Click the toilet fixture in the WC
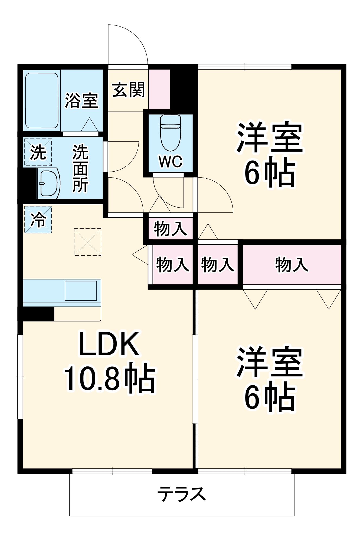pos(171,133)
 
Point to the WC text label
pos(171,162)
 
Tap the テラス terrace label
pos(181,494)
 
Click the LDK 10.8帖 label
pos(110,361)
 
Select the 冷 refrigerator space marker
pos(38,219)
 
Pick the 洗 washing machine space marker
pos(38,152)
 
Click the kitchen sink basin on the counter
pos(81,291)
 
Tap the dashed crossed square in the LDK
pos(87,242)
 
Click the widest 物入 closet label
pos(292,265)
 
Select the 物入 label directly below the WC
pos(170,229)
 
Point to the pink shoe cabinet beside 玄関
pos(159,89)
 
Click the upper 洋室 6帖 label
pos(270,154)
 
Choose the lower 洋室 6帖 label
pos(270,379)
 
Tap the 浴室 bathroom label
pos(81,101)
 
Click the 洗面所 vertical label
pos(80,168)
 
